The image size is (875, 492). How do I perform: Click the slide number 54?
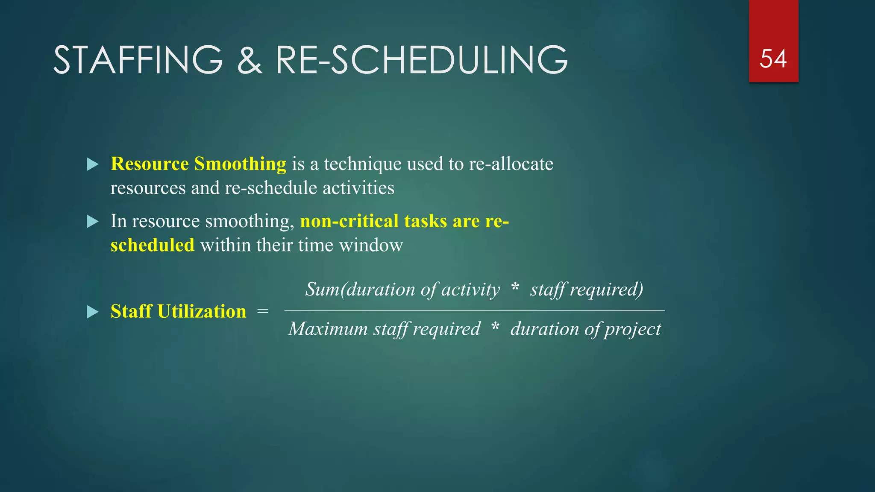773,59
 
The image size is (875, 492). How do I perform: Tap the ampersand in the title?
249,61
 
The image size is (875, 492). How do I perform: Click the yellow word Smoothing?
240,164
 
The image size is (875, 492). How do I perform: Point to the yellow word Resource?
150,164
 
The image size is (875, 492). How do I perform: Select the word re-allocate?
511,164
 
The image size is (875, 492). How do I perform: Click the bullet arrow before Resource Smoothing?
92,164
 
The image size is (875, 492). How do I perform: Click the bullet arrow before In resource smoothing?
92,222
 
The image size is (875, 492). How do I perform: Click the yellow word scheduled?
152,246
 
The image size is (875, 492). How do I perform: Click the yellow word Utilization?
202,311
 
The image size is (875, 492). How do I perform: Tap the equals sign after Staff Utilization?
263,312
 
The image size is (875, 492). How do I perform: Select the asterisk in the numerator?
515,287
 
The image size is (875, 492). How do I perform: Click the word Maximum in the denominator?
328,329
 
